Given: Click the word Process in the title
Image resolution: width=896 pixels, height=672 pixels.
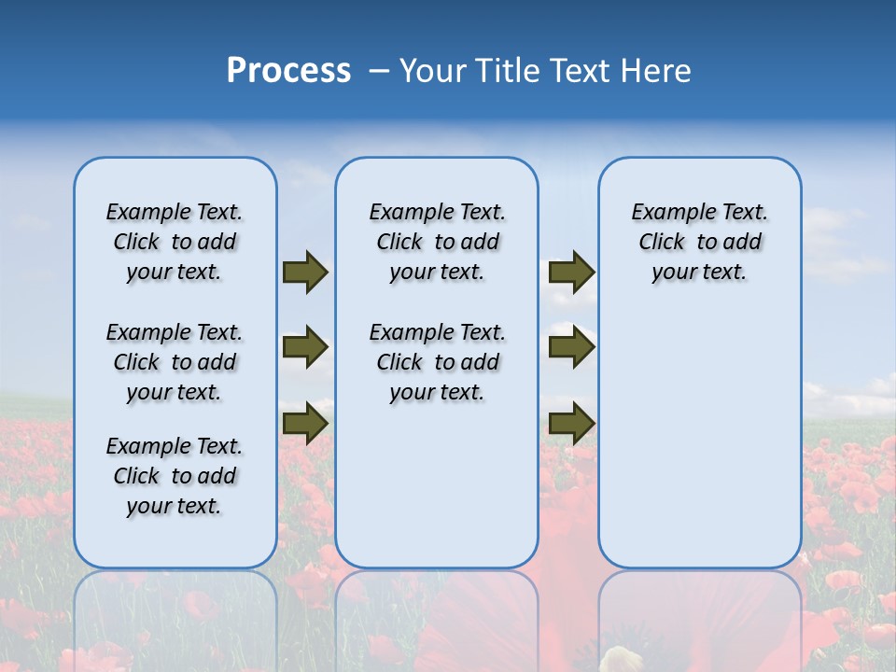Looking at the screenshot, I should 288,71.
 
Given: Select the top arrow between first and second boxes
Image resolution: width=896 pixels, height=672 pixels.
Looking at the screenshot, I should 304,272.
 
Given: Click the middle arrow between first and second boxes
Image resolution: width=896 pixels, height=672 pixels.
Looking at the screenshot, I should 304,347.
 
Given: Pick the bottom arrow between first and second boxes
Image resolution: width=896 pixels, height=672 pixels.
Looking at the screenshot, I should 304,423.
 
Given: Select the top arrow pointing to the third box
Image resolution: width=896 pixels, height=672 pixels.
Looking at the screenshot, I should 571,272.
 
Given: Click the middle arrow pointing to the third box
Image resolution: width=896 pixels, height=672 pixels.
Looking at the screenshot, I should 571,347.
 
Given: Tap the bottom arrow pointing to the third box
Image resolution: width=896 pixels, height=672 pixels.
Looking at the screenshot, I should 571,423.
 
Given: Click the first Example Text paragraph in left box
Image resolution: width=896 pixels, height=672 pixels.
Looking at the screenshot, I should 175,242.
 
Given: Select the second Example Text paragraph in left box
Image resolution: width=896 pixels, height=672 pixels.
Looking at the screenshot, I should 175,362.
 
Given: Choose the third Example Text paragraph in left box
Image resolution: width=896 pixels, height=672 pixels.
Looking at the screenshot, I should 175,476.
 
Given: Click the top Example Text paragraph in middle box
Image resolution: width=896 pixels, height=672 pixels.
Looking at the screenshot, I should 437,242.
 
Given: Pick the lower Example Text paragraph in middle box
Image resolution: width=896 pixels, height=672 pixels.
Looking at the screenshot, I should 437,362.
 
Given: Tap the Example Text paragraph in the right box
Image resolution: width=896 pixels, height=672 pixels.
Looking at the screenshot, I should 699,242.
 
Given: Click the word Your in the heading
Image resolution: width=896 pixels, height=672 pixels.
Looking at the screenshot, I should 435,71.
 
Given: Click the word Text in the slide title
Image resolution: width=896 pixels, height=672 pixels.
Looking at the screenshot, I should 579,71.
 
